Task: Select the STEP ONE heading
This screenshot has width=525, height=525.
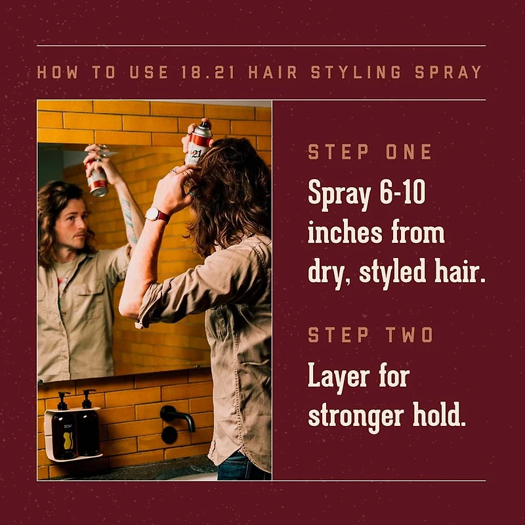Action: coord(370,153)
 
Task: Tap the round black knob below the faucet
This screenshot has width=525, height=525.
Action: coord(169,435)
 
